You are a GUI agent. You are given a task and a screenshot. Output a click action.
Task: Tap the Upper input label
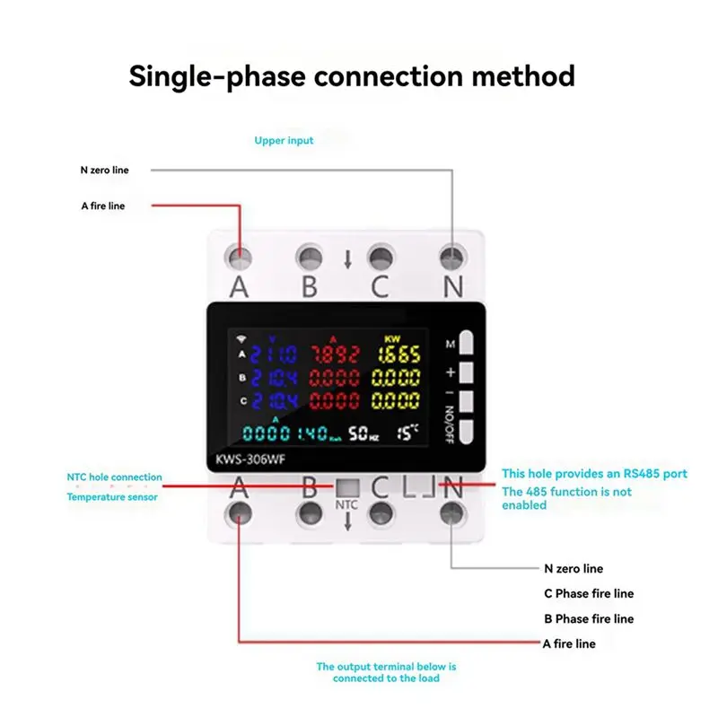click(284, 141)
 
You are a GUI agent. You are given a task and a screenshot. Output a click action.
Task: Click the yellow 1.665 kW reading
click(396, 355)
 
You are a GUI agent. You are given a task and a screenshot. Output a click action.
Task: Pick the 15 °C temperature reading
click(409, 433)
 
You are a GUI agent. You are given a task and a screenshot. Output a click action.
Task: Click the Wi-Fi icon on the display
click(241, 338)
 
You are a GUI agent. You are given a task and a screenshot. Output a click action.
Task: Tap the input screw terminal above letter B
click(311, 258)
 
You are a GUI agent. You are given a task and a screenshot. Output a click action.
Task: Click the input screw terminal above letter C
click(381, 258)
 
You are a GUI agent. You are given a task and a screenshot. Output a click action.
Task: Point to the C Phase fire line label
click(588, 593)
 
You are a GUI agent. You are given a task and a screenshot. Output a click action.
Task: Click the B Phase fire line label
click(588, 618)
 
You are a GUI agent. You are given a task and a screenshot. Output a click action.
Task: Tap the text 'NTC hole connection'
click(114, 477)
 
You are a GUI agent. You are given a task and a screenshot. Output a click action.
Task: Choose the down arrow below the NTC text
click(347, 522)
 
